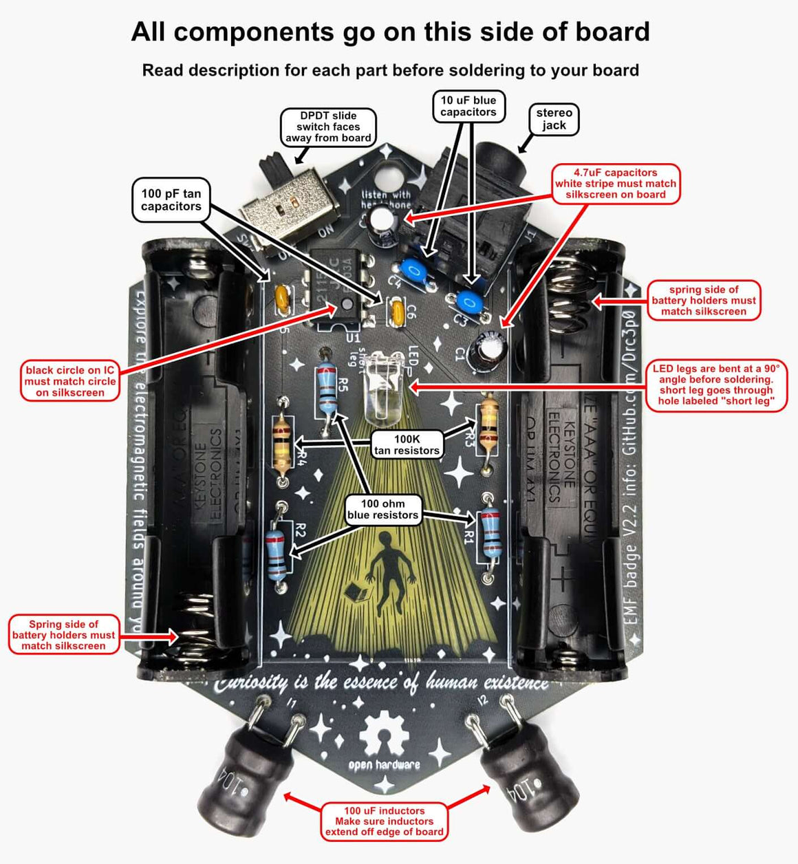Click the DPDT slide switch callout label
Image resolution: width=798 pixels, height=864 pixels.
pyautogui.click(x=328, y=127)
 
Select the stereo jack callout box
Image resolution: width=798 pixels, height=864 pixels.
pyautogui.click(x=554, y=119)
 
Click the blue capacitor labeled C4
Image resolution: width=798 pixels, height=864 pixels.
pyautogui.click(x=415, y=270)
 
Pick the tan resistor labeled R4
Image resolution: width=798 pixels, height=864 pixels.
pyautogui.click(x=281, y=443)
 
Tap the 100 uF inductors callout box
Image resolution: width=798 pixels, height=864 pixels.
pyautogui.click(x=385, y=821)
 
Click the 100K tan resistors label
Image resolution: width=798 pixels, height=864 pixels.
pyautogui.click(x=407, y=444)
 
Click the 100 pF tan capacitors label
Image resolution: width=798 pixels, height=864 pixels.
pyautogui.click(x=171, y=200)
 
